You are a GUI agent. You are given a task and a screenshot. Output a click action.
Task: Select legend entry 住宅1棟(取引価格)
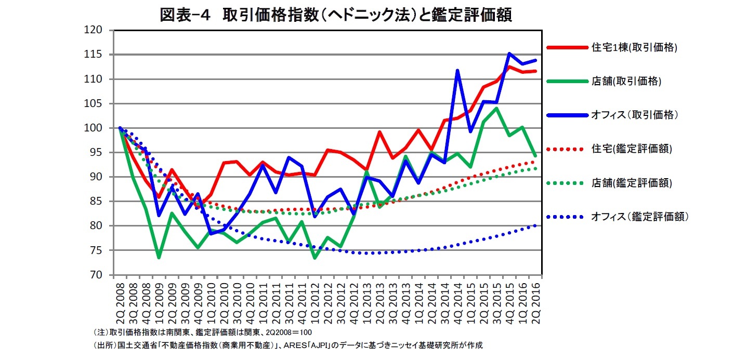pos(634,47)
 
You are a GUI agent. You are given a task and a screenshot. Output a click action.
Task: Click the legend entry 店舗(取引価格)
pos(626,81)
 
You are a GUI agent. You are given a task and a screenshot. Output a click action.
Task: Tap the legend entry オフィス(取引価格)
pos(634,115)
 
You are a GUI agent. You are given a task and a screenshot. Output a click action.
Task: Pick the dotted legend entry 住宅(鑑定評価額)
pos(631,149)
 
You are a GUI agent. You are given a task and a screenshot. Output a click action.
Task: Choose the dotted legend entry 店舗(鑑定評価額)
pos(631,183)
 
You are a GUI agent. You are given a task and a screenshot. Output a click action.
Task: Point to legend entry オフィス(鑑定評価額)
pos(639,217)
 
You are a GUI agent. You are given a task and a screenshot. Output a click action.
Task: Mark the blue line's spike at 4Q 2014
pos(457,70)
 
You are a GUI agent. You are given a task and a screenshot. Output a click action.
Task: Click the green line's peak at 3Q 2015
pos(496,108)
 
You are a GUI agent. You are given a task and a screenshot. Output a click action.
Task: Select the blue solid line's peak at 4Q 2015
pos(509,54)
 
